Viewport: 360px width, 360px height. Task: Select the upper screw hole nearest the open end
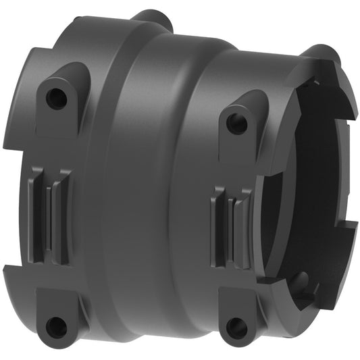click(x=234, y=123)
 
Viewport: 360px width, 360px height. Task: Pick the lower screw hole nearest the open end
click(x=236, y=328)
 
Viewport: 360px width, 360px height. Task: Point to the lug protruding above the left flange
click(x=152, y=16)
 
